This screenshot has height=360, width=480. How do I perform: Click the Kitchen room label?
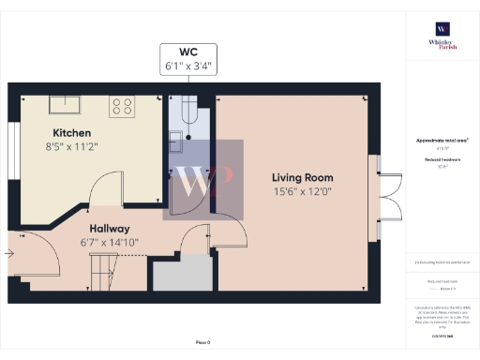point(71,132)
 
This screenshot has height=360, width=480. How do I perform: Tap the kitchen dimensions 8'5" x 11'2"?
point(71,146)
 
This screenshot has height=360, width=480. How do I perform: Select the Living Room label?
point(302,177)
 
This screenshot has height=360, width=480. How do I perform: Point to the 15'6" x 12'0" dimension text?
point(302,192)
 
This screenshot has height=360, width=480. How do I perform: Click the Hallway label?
point(110,229)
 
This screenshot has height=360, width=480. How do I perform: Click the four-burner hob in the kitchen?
point(122,107)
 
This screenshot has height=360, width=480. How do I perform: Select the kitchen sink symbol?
point(64,104)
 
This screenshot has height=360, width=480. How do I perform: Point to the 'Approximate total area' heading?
point(442,141)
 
